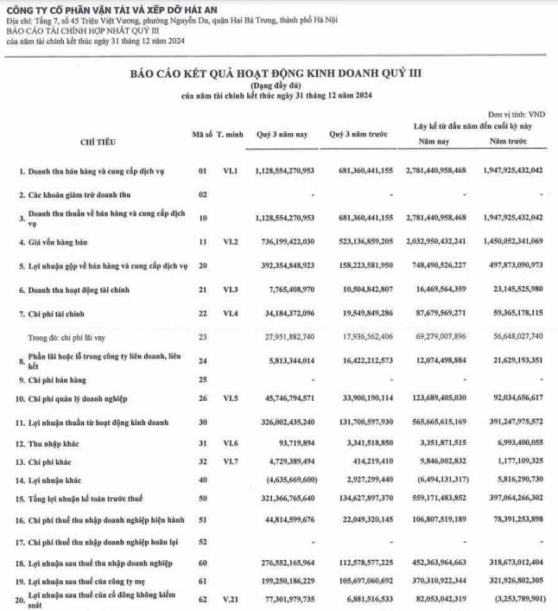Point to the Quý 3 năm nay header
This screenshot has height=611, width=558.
click(282, 135)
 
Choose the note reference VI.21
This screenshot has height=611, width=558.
click(229, 596)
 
